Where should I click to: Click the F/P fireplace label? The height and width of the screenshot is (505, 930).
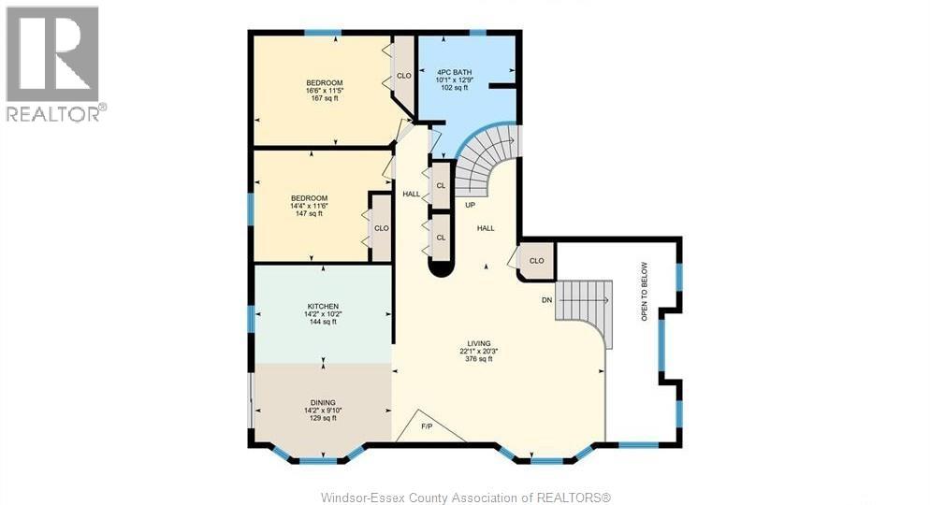(x=427, y=426)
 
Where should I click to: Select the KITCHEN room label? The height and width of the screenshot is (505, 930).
(x=323, y=306)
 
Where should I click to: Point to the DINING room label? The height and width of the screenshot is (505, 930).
(x=323, y=403)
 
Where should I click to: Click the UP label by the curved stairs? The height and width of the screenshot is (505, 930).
(x=470, y=205)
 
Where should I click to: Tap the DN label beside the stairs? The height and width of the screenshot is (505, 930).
(x=546, y=300)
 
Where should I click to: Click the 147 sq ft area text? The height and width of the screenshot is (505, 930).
(x=309, y=213)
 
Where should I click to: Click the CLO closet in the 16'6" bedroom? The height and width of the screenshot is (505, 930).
(x=404, y=76)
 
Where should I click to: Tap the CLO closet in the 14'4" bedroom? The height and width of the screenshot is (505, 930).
(x=382, y=228)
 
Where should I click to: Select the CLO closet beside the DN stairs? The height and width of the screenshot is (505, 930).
(x=537, y=261)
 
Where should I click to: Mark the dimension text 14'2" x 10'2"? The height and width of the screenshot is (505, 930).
(x=323, y=314)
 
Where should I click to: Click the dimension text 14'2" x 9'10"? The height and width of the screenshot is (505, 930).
(x=323, y=411)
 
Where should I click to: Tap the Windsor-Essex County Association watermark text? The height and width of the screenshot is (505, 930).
(x=465, y=497)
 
